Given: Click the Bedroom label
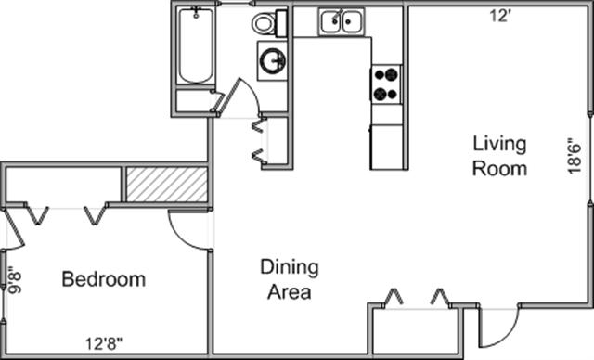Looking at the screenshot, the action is (103, 279).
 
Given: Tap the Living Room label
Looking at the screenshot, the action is (499, 156).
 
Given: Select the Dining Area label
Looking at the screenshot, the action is (290, 279).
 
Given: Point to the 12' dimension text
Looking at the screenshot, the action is (501, 17).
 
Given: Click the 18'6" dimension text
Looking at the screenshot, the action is (575, 157).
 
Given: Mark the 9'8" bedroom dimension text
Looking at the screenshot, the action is (16, 280).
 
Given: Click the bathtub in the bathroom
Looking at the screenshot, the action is (196, 45).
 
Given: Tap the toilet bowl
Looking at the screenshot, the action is (264, 23).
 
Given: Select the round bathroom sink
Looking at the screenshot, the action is (272, 60).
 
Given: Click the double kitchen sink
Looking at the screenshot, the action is (342, 21).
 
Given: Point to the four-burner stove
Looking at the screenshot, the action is (386, 84).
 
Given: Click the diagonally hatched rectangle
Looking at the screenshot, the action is (167, 185).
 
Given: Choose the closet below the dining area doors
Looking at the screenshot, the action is (416, 331).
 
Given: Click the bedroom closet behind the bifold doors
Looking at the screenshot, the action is (63, 185).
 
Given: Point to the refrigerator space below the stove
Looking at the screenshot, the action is (386, 147).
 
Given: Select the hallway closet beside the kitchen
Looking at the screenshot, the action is (278, 140).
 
